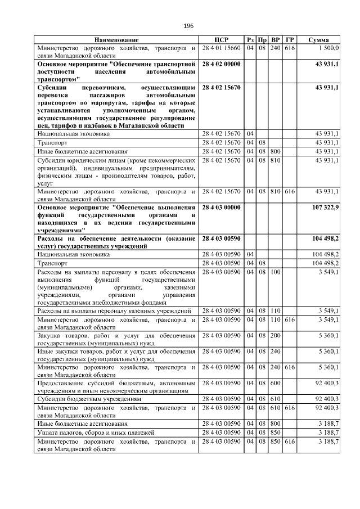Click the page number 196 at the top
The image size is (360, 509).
pos(188,26)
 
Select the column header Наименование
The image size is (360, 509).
pos(116,40)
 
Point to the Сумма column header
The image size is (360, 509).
pos(319,40)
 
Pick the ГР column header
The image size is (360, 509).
pos(289,40)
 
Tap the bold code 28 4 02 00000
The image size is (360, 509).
pos(221,64)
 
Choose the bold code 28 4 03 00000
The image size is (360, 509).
pos(221,208)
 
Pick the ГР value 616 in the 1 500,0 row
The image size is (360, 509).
pos(289,48)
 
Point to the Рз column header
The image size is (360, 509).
pos(250,40)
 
